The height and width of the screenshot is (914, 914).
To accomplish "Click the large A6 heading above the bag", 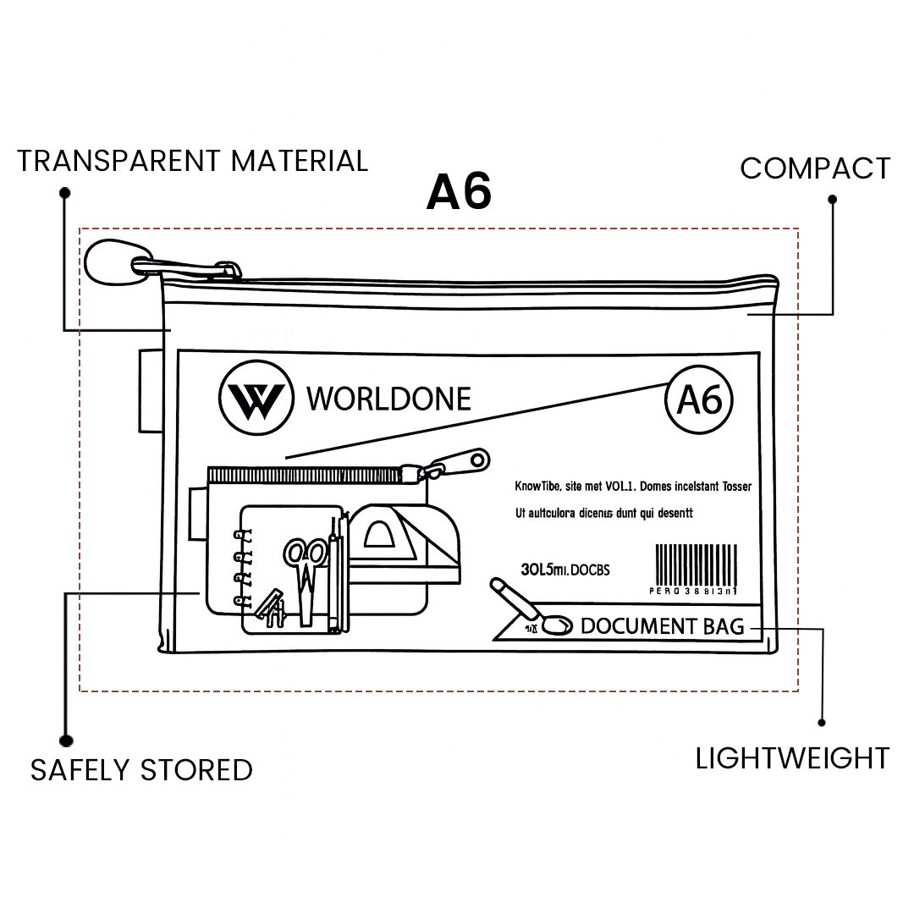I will (460, 192).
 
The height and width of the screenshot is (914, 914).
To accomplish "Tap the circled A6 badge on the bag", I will (699, 400).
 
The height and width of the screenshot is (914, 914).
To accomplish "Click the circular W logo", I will (256, 398).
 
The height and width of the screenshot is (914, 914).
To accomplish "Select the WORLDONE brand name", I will (388, 399).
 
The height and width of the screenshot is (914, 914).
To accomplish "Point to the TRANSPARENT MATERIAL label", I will (193, 161).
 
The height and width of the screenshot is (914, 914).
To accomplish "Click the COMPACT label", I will (815, 168).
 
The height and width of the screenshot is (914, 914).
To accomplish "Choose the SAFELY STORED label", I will (141, 770).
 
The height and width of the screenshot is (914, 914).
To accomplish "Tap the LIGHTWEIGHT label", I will (792, 758).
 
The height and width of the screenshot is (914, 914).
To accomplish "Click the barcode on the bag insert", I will (697, 564).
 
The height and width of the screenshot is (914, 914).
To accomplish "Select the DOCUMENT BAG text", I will (662, 626).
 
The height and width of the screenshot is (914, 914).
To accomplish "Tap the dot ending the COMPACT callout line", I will (832, 200).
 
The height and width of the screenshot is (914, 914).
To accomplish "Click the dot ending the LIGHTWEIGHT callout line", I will (822, 723).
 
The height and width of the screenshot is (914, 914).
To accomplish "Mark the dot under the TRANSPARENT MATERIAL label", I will (65, 193).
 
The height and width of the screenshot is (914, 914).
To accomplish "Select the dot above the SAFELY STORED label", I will (65, 740).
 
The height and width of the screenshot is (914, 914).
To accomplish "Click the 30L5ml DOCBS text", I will (564, 570).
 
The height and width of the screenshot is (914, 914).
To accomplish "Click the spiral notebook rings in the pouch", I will (245, 567).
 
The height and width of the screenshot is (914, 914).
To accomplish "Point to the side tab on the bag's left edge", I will (151, 390).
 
